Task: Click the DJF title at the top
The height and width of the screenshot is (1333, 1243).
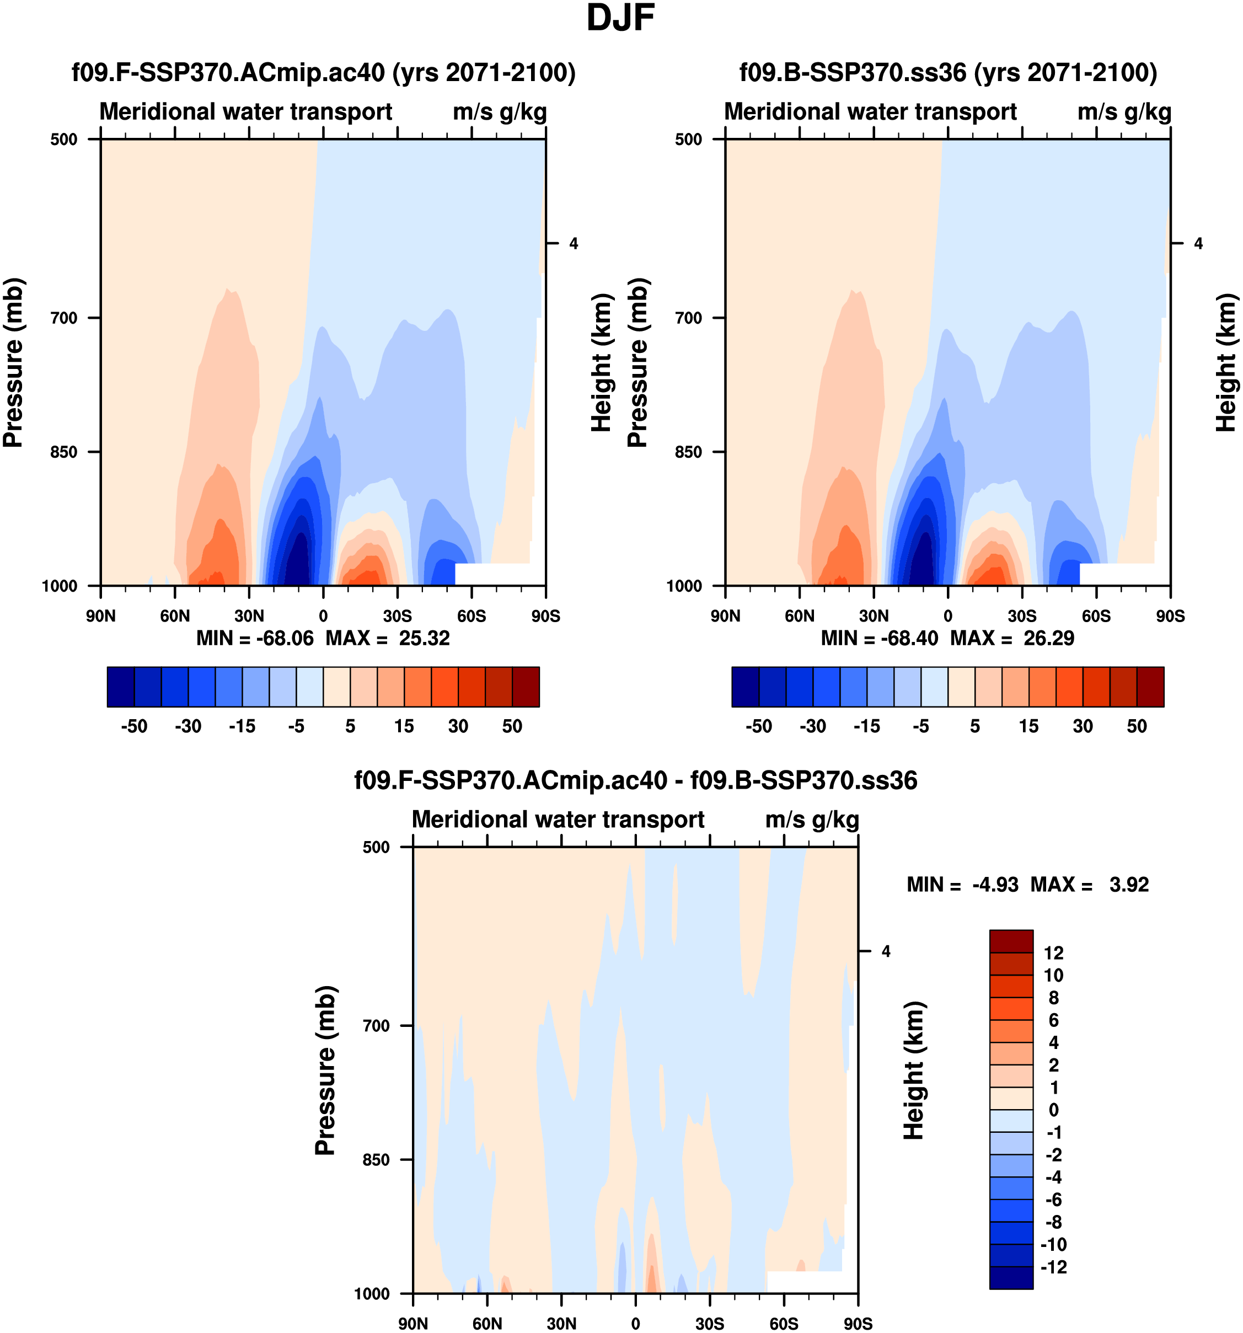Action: pyautogui.click(x=620, y=19)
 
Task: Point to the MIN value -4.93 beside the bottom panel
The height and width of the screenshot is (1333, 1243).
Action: pyautogui.click(x=995, y=885)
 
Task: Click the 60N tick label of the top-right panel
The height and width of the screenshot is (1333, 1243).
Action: pyautogui.click(x=799, y=616)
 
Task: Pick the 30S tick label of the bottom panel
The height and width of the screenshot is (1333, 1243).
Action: pyautogui.click(x=709, y=1324)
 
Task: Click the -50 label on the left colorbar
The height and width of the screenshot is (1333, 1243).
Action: pyautogui.click(x=134, y=726)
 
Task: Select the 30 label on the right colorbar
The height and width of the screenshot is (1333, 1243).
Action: pyautogui.click(x=1083, y=726)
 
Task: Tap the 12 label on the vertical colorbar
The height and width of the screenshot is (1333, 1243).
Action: pyautogui.click(x=1053, y=953)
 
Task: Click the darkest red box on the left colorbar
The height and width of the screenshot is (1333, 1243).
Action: pyautogui.click(x=526, y=687)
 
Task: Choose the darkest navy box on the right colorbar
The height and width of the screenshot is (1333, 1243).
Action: pyautogui.click(x=745, y=687)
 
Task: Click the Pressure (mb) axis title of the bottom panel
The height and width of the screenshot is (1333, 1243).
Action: pyautogui.click(x=325, y=1070)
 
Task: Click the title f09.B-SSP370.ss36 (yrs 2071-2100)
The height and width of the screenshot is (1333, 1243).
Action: pyautogui.click(x=948, y=72)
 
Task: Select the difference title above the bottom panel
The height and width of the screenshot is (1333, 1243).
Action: pyautogui.click(x=636, y=780)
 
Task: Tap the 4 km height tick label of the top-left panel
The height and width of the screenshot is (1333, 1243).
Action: pyautogui.click(x=573, y=243)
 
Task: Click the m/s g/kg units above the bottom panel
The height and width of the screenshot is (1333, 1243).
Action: pyautogui.click(x=812, y=820)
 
